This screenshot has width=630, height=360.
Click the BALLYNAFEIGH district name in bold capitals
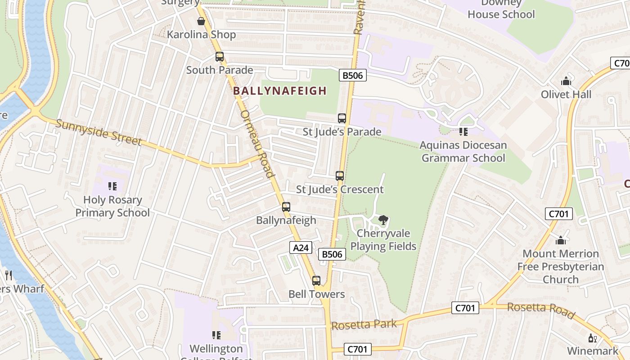point(279,91)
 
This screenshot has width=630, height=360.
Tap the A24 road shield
point(301,247)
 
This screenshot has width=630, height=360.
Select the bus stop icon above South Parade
point(220,57)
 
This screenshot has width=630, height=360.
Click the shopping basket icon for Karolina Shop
point(201,21)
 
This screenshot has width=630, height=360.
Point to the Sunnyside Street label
point(99,132)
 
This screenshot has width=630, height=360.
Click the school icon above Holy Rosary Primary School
point(112,186)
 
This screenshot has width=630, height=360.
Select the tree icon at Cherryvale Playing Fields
point(383,220)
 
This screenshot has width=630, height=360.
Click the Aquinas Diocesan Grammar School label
point(463,152)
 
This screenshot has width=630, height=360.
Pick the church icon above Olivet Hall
point(566,81)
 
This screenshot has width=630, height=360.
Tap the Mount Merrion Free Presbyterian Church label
point(560,266)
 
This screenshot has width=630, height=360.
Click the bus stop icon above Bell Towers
point(316,281)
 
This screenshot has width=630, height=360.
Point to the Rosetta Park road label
point(364,324)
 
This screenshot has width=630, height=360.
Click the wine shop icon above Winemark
point(592,338)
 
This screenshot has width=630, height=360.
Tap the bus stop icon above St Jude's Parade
point(342,118)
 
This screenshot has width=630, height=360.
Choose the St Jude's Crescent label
point(340,189)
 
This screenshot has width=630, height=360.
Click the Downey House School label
point(501,9)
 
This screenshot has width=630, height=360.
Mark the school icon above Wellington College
point(216,335)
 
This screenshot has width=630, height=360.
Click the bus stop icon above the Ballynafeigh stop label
point(286,207)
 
